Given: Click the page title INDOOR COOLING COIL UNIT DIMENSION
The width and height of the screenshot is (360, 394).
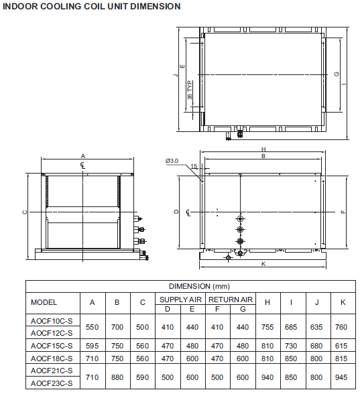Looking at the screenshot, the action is pos(91,6).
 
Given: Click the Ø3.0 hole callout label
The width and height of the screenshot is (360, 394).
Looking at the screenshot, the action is pos(172,161).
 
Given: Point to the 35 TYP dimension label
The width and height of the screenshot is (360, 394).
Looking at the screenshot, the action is pos(190,90).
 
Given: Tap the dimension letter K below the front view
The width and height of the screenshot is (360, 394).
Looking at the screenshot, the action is pos(263,264).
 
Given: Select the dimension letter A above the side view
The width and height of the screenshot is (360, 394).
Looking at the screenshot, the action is pos(83,156).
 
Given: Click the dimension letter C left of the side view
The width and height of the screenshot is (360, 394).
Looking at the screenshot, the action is pos(25,212).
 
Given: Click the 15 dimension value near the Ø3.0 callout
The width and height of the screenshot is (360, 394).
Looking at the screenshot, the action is pos(194,166).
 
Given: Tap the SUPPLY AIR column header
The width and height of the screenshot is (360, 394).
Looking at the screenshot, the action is pos(180,300).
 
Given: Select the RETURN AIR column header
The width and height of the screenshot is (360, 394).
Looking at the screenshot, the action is pos(231,300).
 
